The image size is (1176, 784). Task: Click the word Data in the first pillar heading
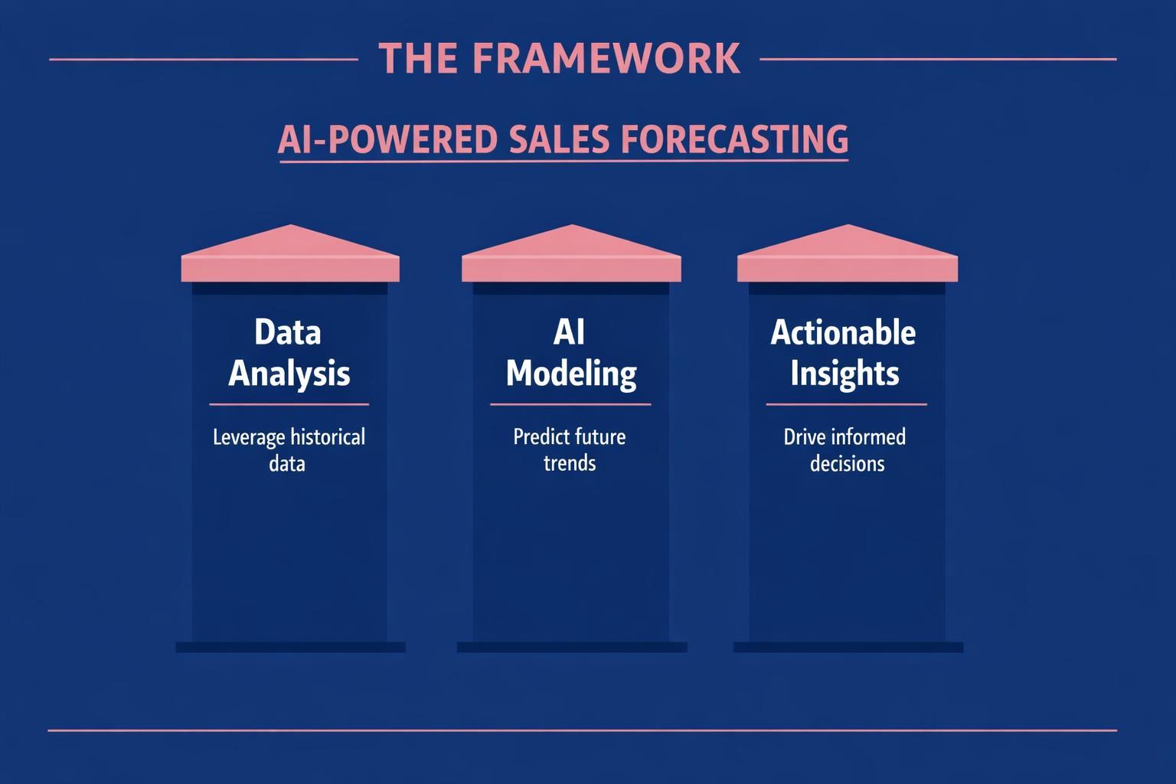click(287, 332)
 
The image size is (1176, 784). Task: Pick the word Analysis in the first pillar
click(289, 374)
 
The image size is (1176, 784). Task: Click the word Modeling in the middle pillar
click(571, 374)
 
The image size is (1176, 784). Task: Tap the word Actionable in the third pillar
click(843, 332)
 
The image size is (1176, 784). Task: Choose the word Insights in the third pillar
click(844, 374)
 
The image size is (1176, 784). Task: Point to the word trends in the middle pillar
click(570, 463)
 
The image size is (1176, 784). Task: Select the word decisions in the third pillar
click(847, 464)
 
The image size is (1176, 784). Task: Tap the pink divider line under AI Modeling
click(570, 404)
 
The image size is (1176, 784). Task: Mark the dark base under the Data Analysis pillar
click(290, 647)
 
